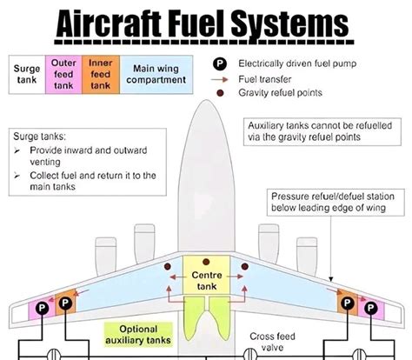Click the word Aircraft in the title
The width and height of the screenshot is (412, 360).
pos(109,23)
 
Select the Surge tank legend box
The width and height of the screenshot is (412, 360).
pos(27,75)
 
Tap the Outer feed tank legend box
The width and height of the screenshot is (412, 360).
pos(63,75)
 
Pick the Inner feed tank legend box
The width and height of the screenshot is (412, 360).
pos(101,75)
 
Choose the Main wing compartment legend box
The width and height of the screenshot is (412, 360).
pos(156,75)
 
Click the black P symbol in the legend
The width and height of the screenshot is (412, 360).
pos(220,63)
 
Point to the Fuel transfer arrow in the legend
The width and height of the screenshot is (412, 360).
pos(220,79)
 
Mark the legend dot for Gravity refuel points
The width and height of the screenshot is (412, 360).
pos(220,93)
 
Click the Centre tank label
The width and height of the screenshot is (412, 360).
pos(207,281)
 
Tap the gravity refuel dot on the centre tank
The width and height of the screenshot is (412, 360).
pos(206,262)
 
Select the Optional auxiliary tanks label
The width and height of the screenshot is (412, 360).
pos(138,335)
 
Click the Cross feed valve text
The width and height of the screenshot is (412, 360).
pos(272,342)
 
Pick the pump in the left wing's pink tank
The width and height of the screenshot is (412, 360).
pos(42,308)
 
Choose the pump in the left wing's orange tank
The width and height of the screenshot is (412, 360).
pos(65,303)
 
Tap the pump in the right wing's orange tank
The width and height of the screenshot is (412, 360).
pos(348,303)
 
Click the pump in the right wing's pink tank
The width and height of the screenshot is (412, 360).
pos(371,308)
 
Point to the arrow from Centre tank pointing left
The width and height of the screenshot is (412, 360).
pos(178,277)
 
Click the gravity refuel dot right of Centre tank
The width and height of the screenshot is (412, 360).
pos(245,266)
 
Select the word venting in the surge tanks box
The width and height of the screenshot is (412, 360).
pos(45,162)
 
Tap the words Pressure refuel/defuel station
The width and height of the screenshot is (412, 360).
pos(333,197)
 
